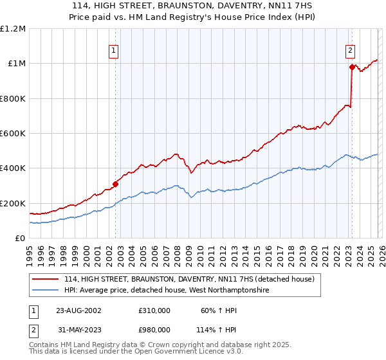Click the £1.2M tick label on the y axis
tap(13, 29)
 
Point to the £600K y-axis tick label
tap(13, 134)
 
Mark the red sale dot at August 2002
tap(116, 184)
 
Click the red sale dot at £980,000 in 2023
tap(352, 67)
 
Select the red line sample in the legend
tap(45, 279)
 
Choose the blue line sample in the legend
tap(45, 291)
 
